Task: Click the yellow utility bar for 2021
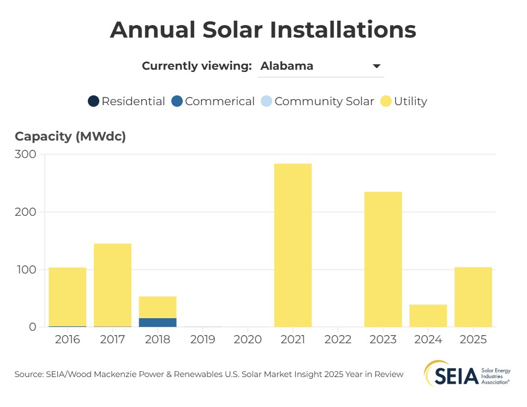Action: [x=293, y=245]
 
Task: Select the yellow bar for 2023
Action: [x=383, y=259]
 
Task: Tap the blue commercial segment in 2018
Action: [x=158, y=323]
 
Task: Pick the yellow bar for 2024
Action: [x=428, y=315]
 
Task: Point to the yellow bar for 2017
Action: [x=112, y=284]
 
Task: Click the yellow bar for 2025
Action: [x=474, y=297]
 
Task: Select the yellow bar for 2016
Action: [x=68, y=296]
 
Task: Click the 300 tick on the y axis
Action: [x=25, y=155]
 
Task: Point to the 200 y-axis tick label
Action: [x=25, y=212]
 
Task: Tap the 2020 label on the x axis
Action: [x=248, y=340]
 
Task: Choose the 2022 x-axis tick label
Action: [x=338, y=340]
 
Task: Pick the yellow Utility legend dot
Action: [x=386, y=101]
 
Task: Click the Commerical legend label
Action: [x=219, y=101]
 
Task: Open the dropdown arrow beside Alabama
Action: [x=376, y=66]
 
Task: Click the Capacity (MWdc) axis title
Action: [x=70, y=136]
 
